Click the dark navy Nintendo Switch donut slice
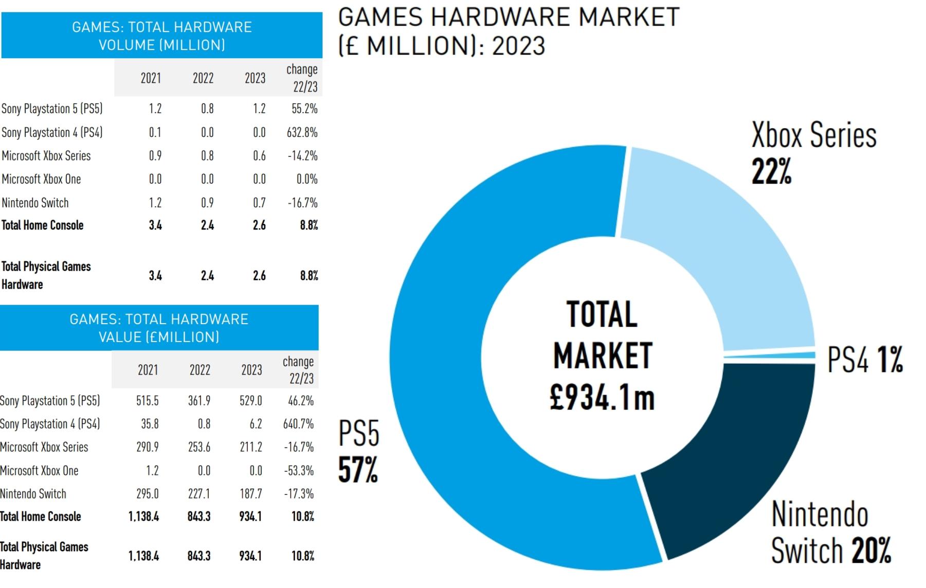coord(730,463)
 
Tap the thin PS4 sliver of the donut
coord(769,355)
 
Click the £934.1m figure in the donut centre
coord(602,398)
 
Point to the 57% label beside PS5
coord(358,470)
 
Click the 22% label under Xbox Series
coord(771,171)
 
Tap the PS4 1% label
coord(865,359)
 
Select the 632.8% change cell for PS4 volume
coord(302,132)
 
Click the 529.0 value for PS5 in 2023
coord(251,401)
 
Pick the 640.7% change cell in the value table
coord(298,424)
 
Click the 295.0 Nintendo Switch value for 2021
coord(148,494)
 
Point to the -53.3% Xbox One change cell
coord(299,471)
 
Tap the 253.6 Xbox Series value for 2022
coord(199,447)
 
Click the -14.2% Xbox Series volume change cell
coord(302,156)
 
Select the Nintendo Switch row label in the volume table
coord(35,203)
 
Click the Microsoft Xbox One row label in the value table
coord(39,471)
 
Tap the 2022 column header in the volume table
coord(203,78)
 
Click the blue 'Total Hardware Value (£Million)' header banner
coord(159,328)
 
